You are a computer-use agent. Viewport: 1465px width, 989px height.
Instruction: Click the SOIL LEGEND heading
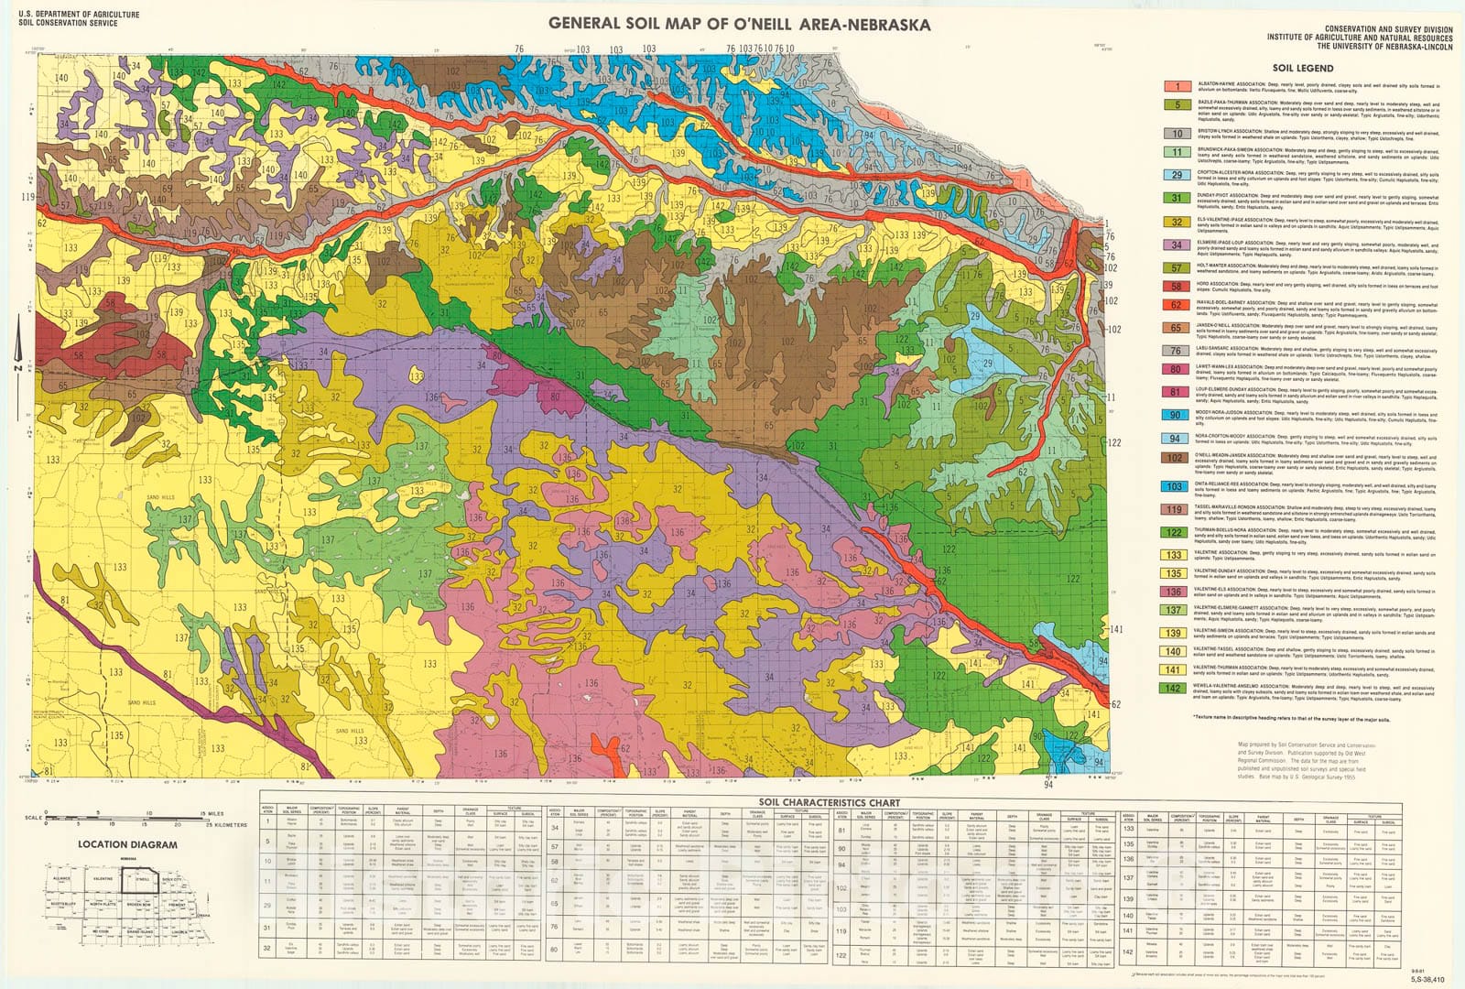click(x=1302, y=68)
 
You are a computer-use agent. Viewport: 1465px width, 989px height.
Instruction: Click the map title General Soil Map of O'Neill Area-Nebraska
click(x=740, y=24)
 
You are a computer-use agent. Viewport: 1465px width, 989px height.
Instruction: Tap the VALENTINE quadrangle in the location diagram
click(x=103, y=879)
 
